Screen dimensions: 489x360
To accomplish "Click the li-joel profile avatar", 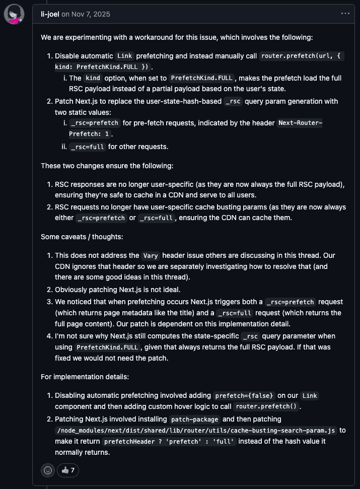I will (x=14, y=14).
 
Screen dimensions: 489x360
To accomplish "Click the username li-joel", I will (x=50, y=14).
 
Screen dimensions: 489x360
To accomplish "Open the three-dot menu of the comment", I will (x=345, y=14).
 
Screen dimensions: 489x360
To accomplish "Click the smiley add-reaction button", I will (x=48, y=470).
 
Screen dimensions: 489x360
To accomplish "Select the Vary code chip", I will (x=151, y=255).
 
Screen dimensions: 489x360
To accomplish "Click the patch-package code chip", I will (x=195, y=419).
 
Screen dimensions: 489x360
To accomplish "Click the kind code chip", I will (x=93, y=78).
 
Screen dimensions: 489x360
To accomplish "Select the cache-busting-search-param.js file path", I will (x=196, y=431).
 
